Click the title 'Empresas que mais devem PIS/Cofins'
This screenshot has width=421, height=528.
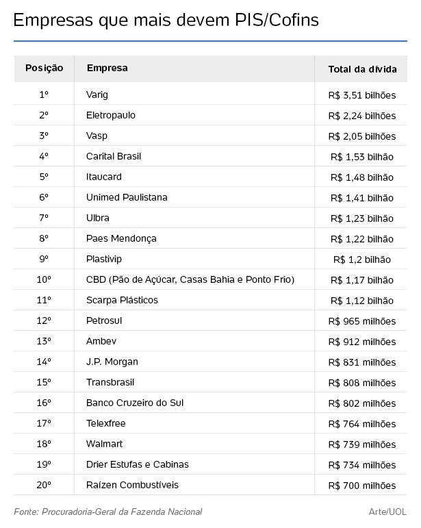(166, 21)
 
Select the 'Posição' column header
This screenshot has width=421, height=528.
(44, 68)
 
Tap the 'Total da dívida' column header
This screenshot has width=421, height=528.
(362, 68)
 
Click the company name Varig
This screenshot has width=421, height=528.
(97, 95)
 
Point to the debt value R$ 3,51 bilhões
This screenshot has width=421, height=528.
(362, 95)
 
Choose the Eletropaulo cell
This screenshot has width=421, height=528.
(111, 115)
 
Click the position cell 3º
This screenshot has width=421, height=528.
(44, 136)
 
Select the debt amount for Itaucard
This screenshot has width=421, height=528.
(362, 177)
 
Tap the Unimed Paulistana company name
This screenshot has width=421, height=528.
(127, 197)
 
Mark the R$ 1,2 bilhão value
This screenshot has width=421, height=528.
(362, 260)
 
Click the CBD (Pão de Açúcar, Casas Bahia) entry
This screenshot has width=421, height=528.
(190, 279)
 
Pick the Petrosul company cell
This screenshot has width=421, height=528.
(104, 320)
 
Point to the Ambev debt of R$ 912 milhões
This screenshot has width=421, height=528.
(362, 342)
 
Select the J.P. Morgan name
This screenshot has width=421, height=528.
(112, 362)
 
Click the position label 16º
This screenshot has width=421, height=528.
(44, 403)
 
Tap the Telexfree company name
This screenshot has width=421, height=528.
(106, 423)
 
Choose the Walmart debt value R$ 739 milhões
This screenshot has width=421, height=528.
(362, 444)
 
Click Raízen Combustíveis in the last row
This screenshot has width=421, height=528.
(132, 485)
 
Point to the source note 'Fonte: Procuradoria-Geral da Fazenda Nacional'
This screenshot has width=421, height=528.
(107, 512)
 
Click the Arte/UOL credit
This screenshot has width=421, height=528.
(387, 512)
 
